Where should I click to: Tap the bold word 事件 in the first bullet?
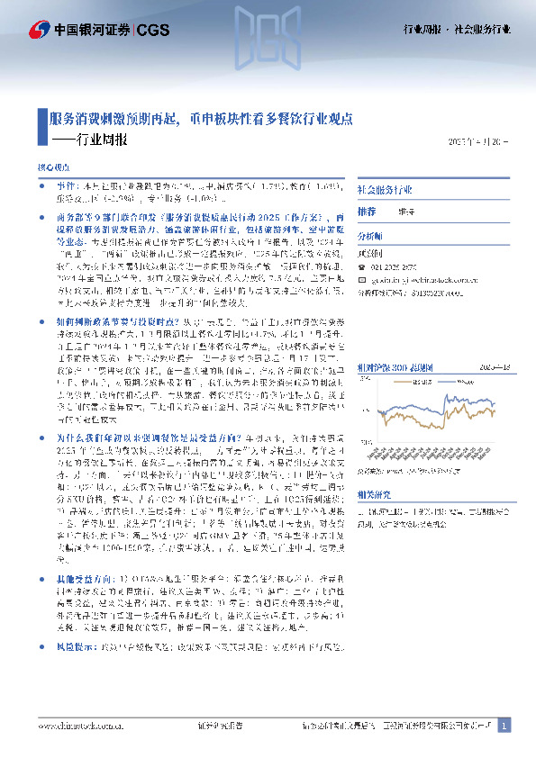(53, 183)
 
